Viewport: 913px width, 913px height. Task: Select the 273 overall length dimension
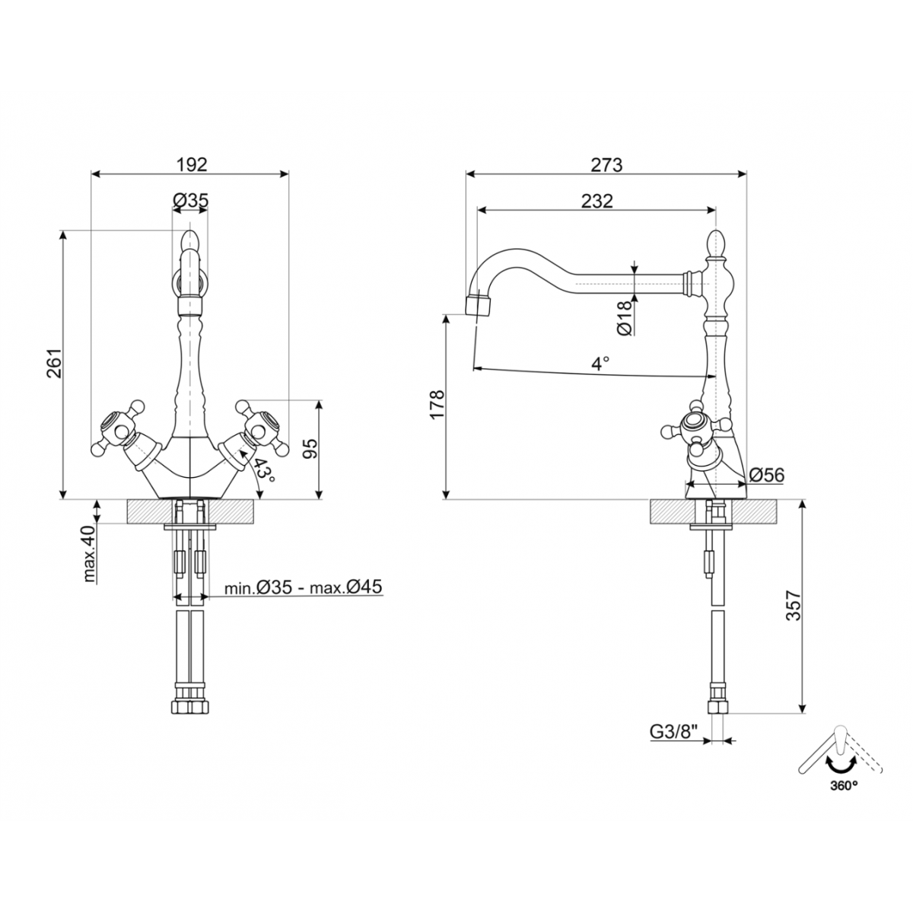click(606, 164)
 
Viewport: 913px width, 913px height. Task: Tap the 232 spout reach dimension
click(596, 201)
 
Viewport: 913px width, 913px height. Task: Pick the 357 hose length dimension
click(794, 606)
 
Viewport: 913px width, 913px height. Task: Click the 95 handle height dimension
click(310, 449)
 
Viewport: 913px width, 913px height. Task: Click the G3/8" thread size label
click(674, 732)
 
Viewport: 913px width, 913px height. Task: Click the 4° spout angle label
click(600, 364)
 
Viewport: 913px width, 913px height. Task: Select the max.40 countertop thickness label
click(90, 553)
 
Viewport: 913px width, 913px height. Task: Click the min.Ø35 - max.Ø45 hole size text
click(303, 587)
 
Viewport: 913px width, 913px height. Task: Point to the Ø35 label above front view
click(190, 200)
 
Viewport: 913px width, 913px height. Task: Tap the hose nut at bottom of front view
click(189, 706)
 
